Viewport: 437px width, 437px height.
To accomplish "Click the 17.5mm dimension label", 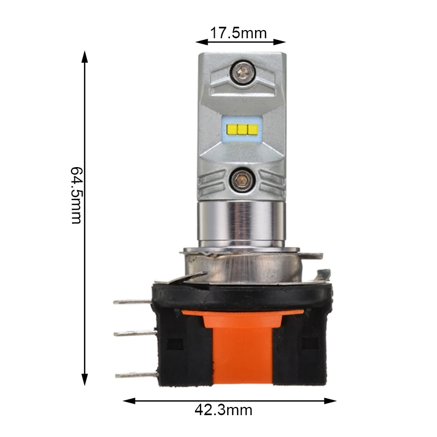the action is (x=238, y=33).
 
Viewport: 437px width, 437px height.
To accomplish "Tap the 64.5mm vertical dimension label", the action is (x=76, y=195).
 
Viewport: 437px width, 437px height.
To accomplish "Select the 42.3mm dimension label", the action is (x=223, y=410).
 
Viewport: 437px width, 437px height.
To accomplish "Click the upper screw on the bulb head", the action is (x=243, y=73).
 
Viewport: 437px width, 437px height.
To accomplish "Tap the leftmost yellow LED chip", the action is (x=232, y=129).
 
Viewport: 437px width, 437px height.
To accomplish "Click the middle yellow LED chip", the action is (x=242, y=129).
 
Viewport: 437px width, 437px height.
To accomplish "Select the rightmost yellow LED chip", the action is (x=252, y=129).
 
